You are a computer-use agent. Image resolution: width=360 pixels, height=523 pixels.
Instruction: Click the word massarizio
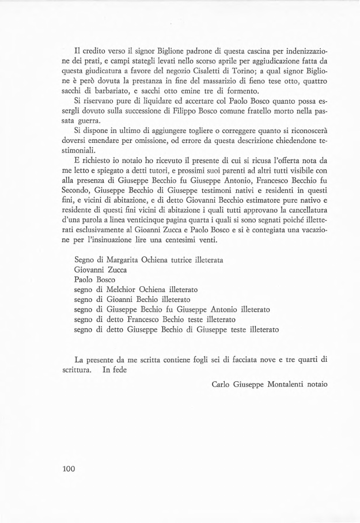click(x=208, y=81)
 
